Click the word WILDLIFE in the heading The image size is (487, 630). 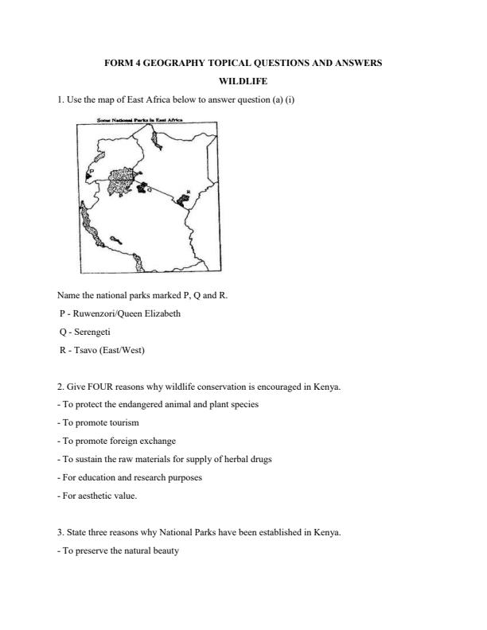[243, 80]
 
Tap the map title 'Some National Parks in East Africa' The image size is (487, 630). [140, 120]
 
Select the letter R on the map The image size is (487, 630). [187, 191]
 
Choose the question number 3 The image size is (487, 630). [60, 532]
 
